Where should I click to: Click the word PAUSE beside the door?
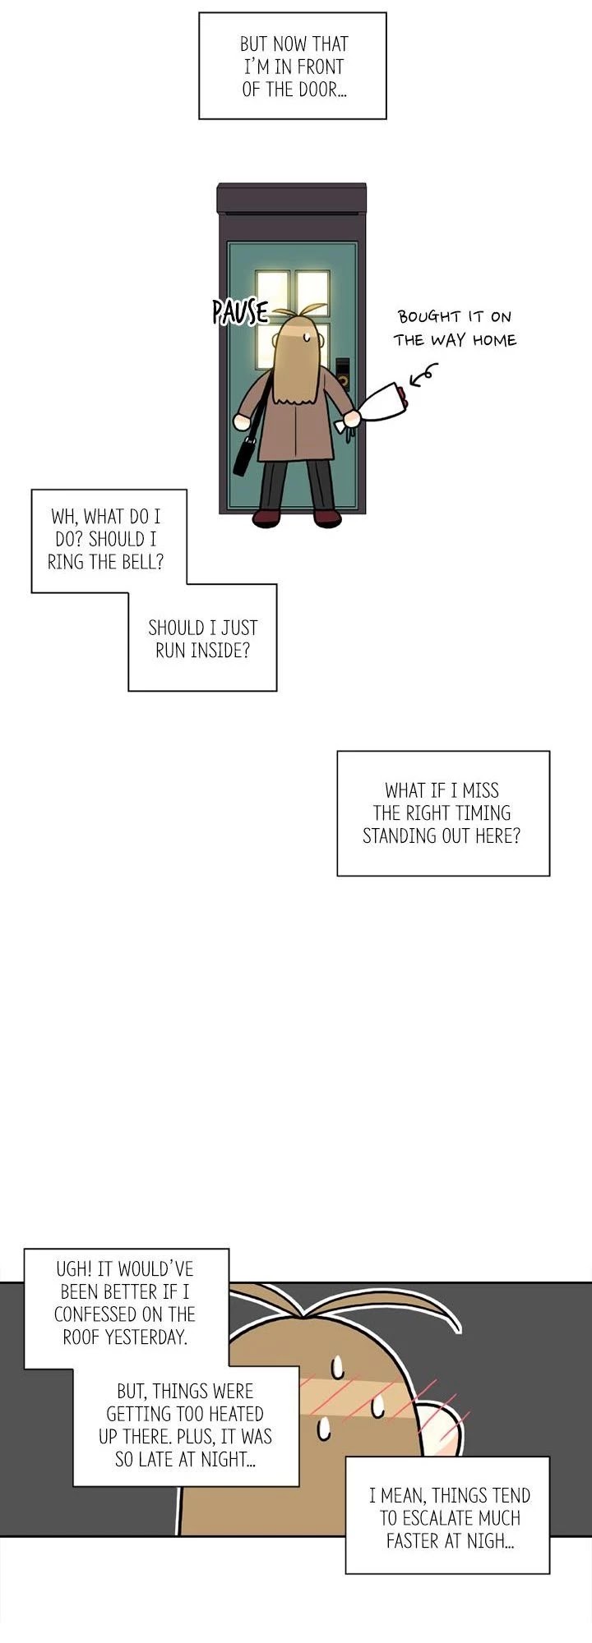point(240,311)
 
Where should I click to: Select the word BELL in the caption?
point(144,562)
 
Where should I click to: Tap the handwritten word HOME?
point(494,340)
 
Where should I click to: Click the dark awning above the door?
point(292,199)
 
